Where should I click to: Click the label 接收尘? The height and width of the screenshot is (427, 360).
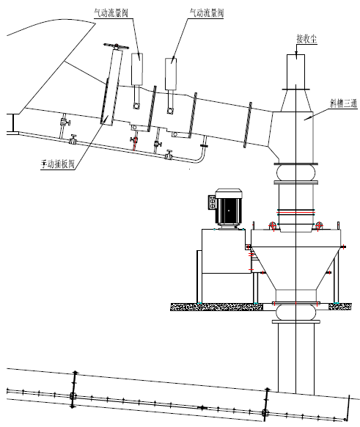306,40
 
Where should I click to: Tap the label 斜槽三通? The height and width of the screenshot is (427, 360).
343,103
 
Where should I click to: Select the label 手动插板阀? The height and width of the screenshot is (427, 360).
57,164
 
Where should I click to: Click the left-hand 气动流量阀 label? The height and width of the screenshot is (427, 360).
111,13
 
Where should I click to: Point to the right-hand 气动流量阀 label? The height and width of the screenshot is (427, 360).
207,13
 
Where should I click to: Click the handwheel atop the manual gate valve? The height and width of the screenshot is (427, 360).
116,46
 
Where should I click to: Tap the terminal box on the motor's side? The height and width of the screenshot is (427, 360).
212,202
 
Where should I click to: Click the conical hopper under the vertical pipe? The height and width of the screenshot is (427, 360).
295,269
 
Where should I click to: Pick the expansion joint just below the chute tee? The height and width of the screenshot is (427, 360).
295,172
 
